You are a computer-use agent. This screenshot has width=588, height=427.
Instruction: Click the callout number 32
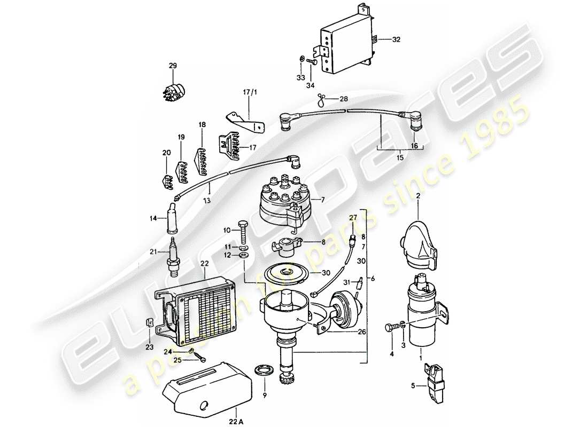pyautogui.click(x=396, y=40)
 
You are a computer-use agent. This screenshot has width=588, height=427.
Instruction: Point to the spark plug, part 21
pyautogui.click(x=173, y=258)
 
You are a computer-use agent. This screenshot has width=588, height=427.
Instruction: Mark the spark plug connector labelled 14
pyautogui.click(x=174, y=219)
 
